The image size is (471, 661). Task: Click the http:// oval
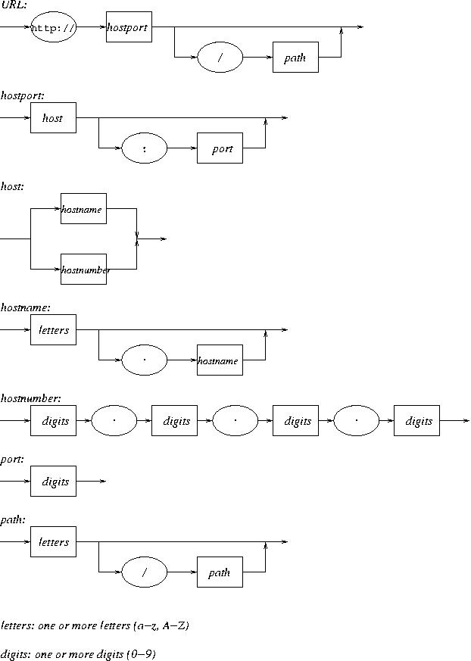coord(53,27)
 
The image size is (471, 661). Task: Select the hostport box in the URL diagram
coord(129,27)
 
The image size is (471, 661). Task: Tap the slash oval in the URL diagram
coord(220,58)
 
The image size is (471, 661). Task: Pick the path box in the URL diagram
coord(295,58)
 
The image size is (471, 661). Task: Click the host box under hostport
coord(53,118)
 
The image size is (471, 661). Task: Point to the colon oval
coord(144,148)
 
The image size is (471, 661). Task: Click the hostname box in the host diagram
coord(83,209)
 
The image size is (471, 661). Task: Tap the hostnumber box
coord(83,270)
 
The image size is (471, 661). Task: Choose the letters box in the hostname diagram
coord(53,330)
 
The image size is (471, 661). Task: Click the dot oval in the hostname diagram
coord(144,360)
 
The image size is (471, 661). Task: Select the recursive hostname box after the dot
coord(220,360)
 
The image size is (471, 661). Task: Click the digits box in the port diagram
coord(53,482)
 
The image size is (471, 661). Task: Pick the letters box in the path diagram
coord(53,542)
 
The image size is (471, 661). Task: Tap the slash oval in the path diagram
coord(144,572)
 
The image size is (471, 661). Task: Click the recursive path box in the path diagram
coord(220,572)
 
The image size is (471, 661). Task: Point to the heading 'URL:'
coord(13,5)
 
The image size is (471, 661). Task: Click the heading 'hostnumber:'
coord(31,398)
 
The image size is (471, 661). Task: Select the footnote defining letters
coord(95,626)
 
